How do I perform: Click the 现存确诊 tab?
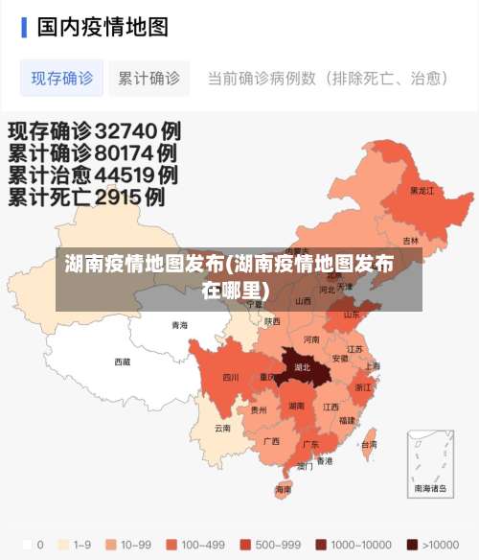(x=62, y=78)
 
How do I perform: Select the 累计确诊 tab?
(x=148, y=78)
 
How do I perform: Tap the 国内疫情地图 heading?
(x=102, y=26)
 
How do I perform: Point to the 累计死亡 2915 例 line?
(x=86, y=198)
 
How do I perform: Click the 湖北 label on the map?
(x=302, y=367)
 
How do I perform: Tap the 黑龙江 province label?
(x=422, y=191)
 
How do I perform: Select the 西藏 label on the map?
(x=123, y=362)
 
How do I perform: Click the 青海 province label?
(x=180, y=325)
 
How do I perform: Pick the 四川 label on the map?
(x=231, y=377)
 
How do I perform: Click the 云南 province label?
(x=222, y=428)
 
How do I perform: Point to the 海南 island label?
(x=283, y=489)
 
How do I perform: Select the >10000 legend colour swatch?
(x=412, y=545)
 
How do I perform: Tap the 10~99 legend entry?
(x=128, y=545)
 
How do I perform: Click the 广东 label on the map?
(x=310, y=445)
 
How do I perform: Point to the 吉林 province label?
(x=410, y=241)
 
